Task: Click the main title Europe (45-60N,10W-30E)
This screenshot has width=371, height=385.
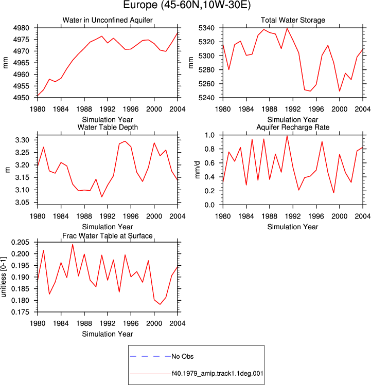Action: point(187,5)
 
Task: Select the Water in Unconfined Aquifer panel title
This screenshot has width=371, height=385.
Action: point(108,20)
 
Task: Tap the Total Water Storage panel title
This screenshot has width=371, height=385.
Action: point(293,20)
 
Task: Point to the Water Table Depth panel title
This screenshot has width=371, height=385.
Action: point(108,127)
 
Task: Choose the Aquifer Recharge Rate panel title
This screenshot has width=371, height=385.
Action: point(293,127)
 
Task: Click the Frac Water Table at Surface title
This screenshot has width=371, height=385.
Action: point(108,236)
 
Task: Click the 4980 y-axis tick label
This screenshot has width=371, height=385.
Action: point(21,28)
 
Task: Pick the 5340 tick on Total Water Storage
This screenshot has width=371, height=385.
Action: point(206,28)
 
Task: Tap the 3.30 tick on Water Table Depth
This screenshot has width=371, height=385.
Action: point(22,140)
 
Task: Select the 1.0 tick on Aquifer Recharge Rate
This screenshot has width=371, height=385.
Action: point(210,135)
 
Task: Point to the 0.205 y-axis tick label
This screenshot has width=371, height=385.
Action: point(20,242)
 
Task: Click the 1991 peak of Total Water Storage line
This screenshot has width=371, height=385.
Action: point(287,28)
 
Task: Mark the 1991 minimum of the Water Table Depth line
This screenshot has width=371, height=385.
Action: point(102,197)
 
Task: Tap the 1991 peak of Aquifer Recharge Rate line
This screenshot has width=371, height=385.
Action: point(287,136)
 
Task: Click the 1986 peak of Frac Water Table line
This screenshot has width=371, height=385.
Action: point(73,244)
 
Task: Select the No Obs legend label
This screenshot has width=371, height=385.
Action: point(183,356)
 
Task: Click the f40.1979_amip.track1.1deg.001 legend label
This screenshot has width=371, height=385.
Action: point(217,374)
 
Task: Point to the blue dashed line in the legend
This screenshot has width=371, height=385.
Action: point(150,356)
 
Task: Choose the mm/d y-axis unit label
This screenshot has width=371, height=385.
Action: point(197,170)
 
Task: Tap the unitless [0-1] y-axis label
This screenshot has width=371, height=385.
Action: point(4,277)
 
